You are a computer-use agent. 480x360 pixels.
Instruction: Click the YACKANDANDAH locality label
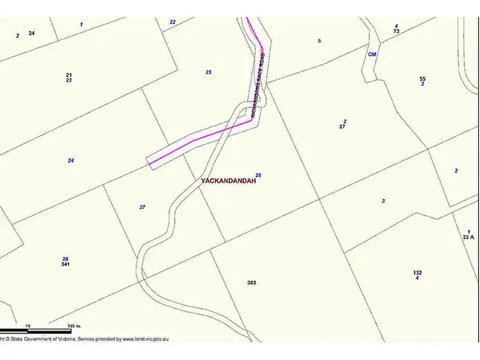tap(228, 181)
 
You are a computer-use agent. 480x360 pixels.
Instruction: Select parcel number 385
tap(252, 282)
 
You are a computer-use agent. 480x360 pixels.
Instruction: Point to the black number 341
tap(65, 264)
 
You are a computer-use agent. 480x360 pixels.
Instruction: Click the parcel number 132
tap(417, 272)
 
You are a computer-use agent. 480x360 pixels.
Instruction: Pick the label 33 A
tap(468, 237)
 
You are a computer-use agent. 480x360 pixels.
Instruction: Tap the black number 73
tap(396, 31)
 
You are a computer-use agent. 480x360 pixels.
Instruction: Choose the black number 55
tap(422, 79)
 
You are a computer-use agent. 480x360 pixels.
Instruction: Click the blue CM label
tap(372, 54)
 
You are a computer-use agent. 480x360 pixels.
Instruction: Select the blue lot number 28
tap(258, 175)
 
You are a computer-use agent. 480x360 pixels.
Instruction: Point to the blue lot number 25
tap(209, 72)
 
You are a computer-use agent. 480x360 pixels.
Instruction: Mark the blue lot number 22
tap(173, 22)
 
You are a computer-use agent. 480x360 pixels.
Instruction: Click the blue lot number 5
tap(319, 41)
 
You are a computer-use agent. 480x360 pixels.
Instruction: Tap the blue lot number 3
tap(383, 201)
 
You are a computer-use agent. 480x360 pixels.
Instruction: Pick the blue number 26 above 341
tap(65, 259)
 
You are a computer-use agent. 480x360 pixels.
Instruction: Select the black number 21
tap(68, 75)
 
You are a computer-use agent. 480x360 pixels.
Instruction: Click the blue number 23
tap(68, 81)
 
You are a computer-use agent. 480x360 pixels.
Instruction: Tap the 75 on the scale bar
tap(28, 326)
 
